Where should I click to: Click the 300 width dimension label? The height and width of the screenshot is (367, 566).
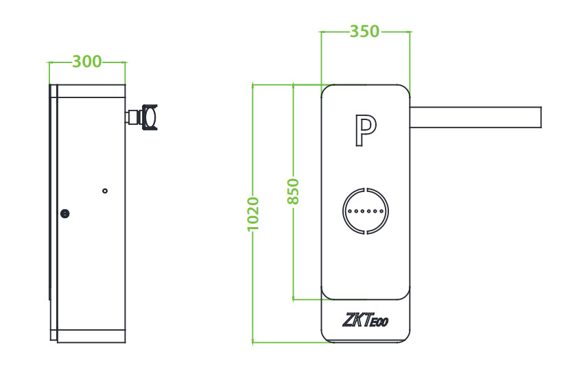pos(86,62)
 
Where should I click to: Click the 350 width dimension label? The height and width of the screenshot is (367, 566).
pos(364,32)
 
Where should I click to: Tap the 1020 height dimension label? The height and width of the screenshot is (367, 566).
pos(252,214)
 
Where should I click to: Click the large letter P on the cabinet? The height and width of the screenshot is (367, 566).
pos(365,130)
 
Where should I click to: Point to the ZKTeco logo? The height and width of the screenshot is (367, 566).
pos(364,320)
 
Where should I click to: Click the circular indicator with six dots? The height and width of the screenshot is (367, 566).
pos(365,211)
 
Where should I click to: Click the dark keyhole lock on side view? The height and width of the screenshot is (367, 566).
pos(65,213)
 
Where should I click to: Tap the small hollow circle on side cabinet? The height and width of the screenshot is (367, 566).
pos(104,191)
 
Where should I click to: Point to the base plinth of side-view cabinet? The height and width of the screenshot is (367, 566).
pos(90,336)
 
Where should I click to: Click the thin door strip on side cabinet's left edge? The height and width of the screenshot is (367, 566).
pos(53,206)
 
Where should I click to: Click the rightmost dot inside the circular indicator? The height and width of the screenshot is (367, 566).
pos(381,211)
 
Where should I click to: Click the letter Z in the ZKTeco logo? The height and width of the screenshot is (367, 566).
pos(347,320)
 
